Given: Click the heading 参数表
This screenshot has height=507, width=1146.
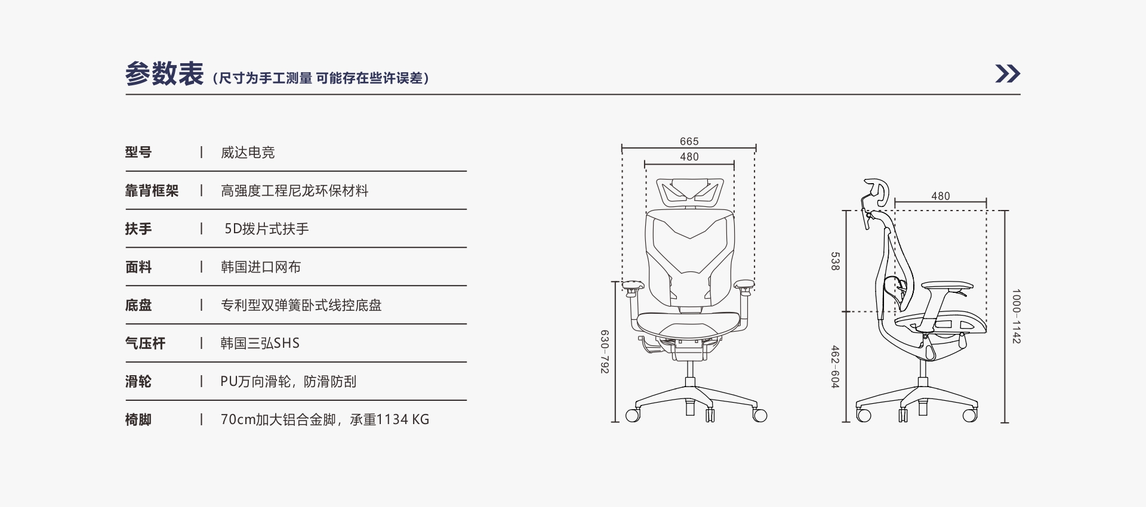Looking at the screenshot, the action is tap(164, 75).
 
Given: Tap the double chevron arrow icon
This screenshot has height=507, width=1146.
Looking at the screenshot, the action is tap(1008, 73).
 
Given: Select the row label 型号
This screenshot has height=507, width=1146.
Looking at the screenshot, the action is tap(138, 152).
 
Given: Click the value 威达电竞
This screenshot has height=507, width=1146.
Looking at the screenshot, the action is tap(248, 153).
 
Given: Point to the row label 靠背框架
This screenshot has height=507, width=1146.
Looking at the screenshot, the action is tap(152, 191).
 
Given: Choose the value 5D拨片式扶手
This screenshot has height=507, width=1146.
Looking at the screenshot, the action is tap(267, 229).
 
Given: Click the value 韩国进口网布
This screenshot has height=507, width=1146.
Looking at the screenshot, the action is tap(261, 267).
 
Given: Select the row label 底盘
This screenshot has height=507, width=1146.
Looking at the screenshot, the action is tap(138, 305).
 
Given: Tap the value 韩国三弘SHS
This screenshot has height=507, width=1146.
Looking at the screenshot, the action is tap(260, 344).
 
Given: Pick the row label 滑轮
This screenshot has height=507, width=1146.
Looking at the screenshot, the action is tap(138, 382).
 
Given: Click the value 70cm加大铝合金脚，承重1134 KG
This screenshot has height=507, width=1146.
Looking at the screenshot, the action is tap(325, 420).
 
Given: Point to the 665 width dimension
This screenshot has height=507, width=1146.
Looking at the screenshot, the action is tap(689, 141).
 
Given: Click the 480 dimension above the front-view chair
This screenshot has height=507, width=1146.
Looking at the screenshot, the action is tap(689, 157).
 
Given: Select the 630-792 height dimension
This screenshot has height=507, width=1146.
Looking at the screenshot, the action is tap(605, 352).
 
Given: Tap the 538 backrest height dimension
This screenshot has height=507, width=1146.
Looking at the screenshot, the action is tap(835, 261).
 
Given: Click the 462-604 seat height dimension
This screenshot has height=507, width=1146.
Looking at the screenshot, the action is tap(835, 367).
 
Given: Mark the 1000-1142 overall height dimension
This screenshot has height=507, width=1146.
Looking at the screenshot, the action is tap(1016, 316).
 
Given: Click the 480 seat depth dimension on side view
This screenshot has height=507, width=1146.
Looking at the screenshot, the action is tap(941, 196).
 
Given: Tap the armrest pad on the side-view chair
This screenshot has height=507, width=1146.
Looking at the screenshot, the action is tap(947, 287).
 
